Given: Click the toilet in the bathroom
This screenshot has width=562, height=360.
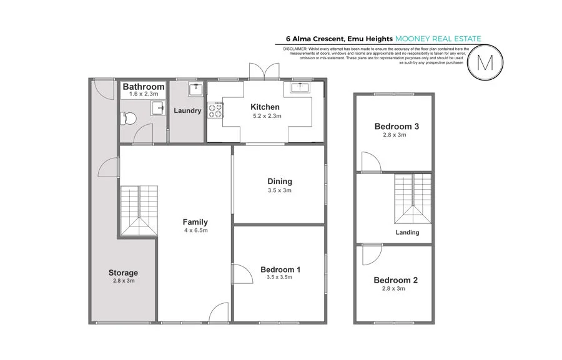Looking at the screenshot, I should point(130,117).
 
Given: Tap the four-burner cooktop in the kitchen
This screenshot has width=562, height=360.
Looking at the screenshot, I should point(216,110).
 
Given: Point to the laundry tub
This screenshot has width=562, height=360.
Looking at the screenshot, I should point(195,89).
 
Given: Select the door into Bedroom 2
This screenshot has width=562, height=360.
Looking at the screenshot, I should point(372,253).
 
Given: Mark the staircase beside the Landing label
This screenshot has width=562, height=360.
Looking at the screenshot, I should point(413,198).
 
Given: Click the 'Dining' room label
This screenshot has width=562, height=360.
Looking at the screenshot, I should point(279,182).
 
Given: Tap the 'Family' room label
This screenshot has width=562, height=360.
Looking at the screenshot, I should point(195,222).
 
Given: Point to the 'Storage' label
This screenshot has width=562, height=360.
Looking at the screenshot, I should point(122,273).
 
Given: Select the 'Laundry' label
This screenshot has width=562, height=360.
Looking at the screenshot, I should point(187,111).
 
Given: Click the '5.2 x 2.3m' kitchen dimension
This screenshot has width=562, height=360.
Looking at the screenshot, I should point(266,116).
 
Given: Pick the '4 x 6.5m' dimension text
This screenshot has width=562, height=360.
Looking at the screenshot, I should point(195,231).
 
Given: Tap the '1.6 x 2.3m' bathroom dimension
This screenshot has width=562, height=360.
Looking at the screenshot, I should point(143,95).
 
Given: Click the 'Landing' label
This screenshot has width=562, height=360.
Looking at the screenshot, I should point(407,232).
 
